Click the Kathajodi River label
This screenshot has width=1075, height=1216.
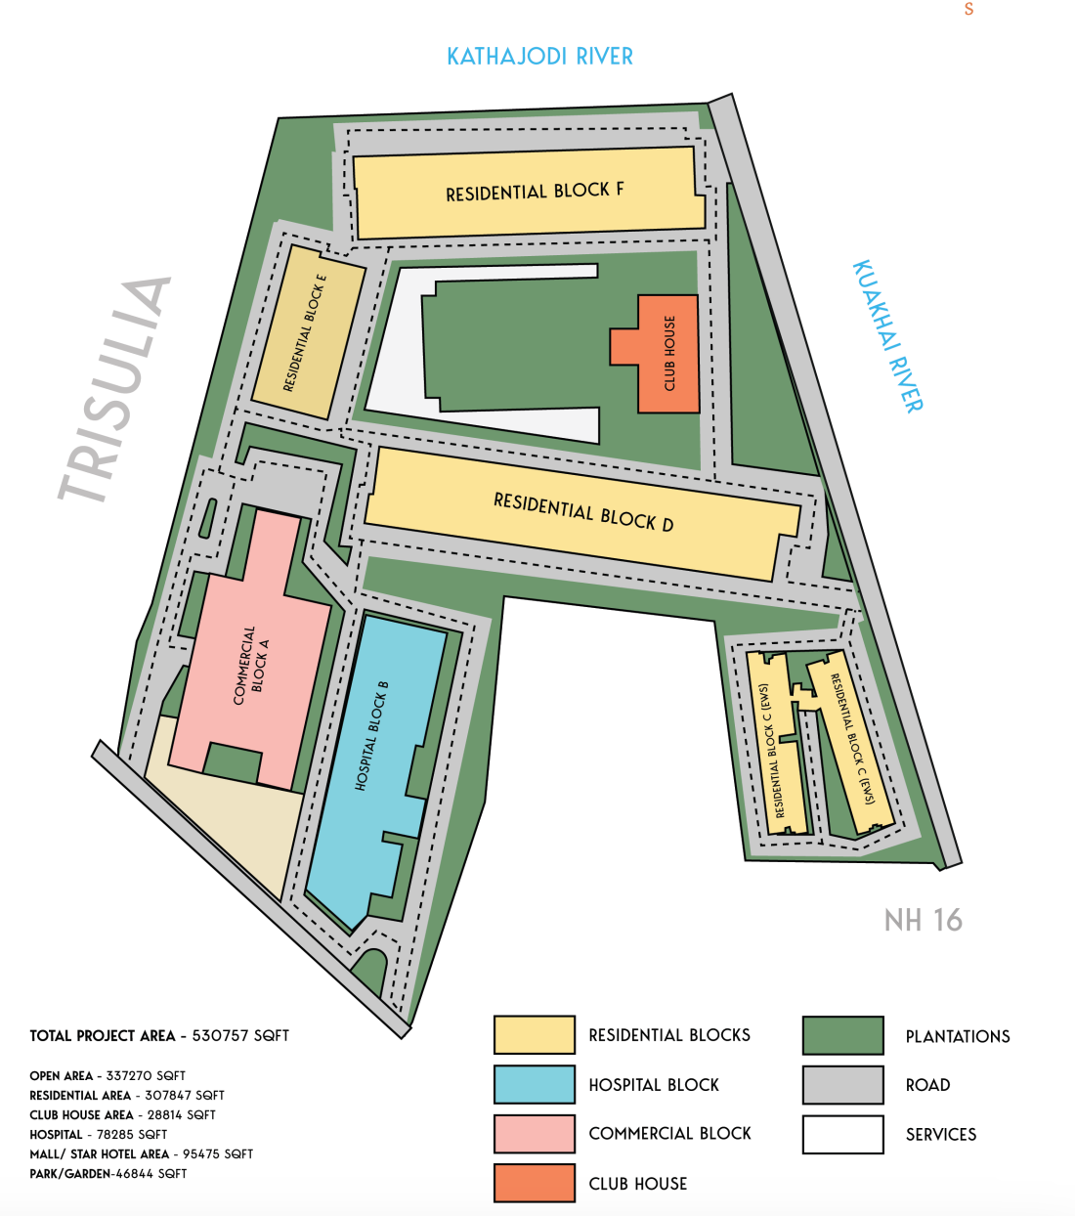coord(539,57)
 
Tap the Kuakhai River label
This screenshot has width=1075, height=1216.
coord(887,336)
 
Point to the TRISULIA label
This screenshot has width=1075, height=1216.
coord(115,390)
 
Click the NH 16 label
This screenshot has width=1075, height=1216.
coord(923,920)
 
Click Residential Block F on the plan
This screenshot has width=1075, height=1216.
coord(533,192)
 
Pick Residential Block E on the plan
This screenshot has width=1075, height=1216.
coord(306,332)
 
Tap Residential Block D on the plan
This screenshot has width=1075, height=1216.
coord(582,513)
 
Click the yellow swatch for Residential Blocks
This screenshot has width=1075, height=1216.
coord(534,1035)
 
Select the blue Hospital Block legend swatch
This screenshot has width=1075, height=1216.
coord(534,1085)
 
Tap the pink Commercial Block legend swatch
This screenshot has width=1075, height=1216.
coord(534,1134)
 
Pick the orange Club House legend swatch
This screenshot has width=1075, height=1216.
coord(534,1183)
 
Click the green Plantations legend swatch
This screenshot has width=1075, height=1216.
coord(842,1035)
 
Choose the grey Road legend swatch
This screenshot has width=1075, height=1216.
coord(842,1085)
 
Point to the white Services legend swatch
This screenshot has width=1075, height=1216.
coord(842,1134)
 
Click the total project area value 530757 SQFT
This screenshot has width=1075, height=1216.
coord(240,1036)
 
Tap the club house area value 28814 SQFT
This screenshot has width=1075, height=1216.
coord(181,1115)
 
